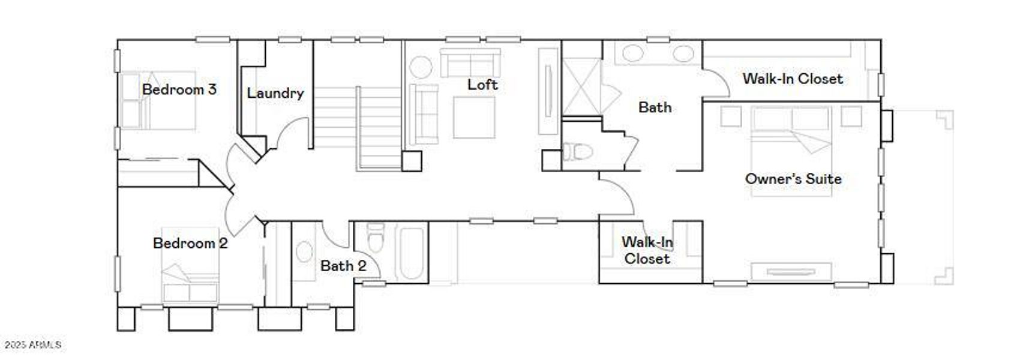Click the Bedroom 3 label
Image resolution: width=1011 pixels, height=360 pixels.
(x=179, y=90)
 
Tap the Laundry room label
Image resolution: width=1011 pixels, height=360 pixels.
(x=275, y=94)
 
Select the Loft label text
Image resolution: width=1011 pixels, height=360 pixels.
(x=482, y=85)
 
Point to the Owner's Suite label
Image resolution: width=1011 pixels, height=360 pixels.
(x=793, y=179)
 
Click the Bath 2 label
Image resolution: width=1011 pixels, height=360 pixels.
(x=343, y=266)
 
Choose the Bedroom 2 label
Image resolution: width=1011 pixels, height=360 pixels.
(x=190, y=243)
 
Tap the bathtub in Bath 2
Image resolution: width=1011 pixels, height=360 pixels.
(x=411, y=252)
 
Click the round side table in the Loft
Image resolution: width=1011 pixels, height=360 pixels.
(x=420, y=67)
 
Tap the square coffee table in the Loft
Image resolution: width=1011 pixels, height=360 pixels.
(x=474, y=117)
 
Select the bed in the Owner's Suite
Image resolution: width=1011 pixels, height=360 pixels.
(x=791, y=150)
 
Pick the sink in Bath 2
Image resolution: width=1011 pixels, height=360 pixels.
(x=304, y=252)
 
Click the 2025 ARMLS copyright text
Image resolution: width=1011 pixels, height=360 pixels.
(x=32, y=345)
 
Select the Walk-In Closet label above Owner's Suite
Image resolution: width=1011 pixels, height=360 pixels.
(x=792, y=79)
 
